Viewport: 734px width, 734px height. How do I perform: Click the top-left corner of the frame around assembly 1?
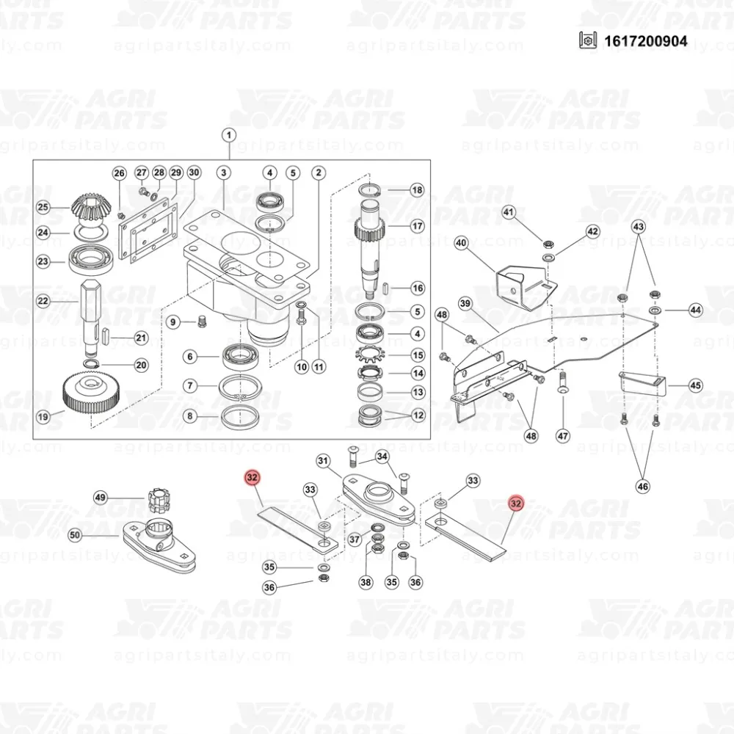33,160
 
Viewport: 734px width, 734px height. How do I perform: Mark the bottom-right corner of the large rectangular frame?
431,439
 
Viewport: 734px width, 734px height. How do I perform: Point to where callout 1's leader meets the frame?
229,160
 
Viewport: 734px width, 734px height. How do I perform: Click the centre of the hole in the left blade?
324,542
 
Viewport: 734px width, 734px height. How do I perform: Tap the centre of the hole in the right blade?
440,520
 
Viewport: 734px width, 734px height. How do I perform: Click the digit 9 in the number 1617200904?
665,41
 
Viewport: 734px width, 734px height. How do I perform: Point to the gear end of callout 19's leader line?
65,411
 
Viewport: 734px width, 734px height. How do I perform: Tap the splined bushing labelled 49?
157,500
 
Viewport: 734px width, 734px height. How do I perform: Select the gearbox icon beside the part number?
588,40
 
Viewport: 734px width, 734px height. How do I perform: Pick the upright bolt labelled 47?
563,382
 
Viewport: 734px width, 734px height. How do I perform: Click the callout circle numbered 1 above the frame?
229,136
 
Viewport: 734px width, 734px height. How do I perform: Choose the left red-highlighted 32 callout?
252,478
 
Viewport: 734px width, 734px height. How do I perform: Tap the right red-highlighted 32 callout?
516,504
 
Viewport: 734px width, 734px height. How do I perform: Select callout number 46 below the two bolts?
643,487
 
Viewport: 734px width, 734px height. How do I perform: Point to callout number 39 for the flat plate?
465,303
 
